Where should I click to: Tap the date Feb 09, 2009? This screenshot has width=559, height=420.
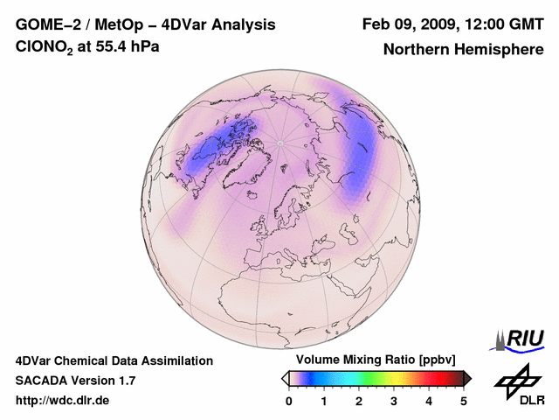(411, 24)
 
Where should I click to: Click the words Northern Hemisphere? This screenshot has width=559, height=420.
(463, 49)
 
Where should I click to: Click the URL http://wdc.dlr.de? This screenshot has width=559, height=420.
(63, 401)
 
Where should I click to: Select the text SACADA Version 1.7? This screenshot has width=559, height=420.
(75, 381)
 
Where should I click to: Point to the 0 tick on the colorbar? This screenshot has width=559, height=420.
(289, 400)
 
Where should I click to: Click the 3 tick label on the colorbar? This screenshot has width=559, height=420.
(394, 400)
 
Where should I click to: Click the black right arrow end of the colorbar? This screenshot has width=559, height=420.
(467, 378)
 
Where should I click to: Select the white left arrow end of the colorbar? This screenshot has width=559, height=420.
(285, 378)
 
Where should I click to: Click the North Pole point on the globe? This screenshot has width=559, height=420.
(279, 143)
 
